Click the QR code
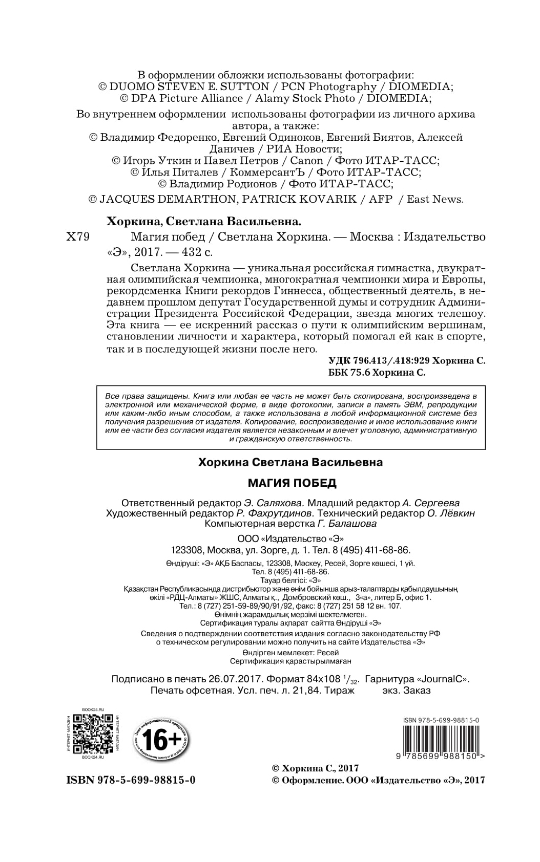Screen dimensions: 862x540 tap(92, 734)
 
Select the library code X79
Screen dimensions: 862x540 tap(78, 237)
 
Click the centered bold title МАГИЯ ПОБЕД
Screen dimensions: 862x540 tap(292, 483)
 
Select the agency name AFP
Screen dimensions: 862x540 tap(380, 199)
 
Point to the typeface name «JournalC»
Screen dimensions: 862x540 tap(443, 679)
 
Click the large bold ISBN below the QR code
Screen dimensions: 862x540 tap(131, 780)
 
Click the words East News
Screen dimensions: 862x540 tap(434, 199)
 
